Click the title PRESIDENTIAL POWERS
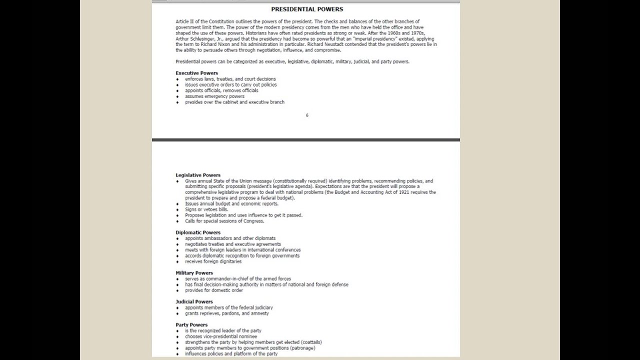point(307,9)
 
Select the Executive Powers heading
point(196,73)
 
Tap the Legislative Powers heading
point(198,175)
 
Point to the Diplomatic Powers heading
point(198,232)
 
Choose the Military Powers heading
point(194,273)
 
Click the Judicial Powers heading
point(194,302)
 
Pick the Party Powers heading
point(191,325)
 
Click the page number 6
point(307,115)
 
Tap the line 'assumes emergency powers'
point(214,96)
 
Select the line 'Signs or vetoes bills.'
point(206,209)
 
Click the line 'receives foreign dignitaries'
point(213,261)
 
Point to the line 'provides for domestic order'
point(214,290)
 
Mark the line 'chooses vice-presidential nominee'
point(221,336)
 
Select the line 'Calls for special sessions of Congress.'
point(224,221)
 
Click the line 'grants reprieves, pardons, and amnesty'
point(227,313)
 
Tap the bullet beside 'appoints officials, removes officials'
point(177,91)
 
